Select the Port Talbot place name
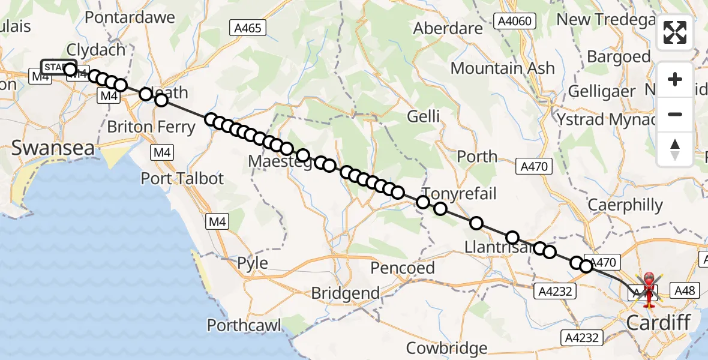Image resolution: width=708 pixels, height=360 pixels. pyautogui.click(x=182, y=178)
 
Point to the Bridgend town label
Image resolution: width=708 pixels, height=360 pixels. pyautogui.click(x=346, y=293)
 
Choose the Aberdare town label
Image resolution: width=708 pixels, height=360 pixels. pyautogui.click(x=448, y=28)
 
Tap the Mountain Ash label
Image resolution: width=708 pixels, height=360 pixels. pyautogui.click(x=502, y=68)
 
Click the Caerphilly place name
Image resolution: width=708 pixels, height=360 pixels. pyautogui.click(x=625, y=205)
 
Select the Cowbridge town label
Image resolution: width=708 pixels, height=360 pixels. pyautogui.click(x=446, y=348)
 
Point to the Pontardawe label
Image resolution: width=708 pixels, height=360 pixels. pyautogui.click(x=130, y=17)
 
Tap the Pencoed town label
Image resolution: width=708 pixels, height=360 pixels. pyautogui.click(x=403, y=268)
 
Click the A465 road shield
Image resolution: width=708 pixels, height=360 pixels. pyautogui.click(x=247, y=27)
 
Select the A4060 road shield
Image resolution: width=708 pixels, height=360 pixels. pyautogui.click(x=514, y=22)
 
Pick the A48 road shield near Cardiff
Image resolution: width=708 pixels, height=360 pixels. pyautogui.click(x=684, y=291)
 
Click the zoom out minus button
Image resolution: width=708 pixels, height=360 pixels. pyautogui.click(x=675, y=114)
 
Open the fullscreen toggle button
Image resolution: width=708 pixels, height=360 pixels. pyautogui.click(x=675, y=32)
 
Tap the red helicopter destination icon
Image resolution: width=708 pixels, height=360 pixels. pyautogui.click(x=649, y=289)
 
